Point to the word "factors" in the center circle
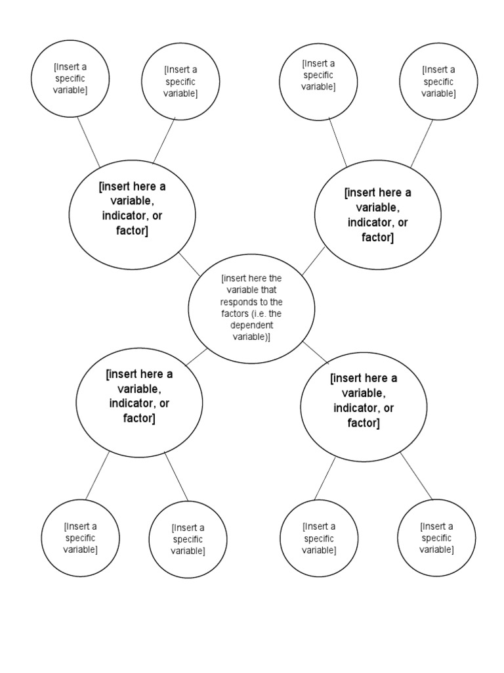(236, 313)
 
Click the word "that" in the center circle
(270, 290)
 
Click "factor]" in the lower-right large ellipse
(364, 423)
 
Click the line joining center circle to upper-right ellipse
(314, 260)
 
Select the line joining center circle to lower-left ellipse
(196, 356)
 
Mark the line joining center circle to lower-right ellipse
(316, 352)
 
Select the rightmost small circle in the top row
(438, 81)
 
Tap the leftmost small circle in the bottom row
(80, 538)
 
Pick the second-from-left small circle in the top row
(180, 81)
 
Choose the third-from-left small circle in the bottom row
(319, 538)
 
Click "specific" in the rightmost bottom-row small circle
(436, 538)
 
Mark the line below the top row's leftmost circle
(89, 142)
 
